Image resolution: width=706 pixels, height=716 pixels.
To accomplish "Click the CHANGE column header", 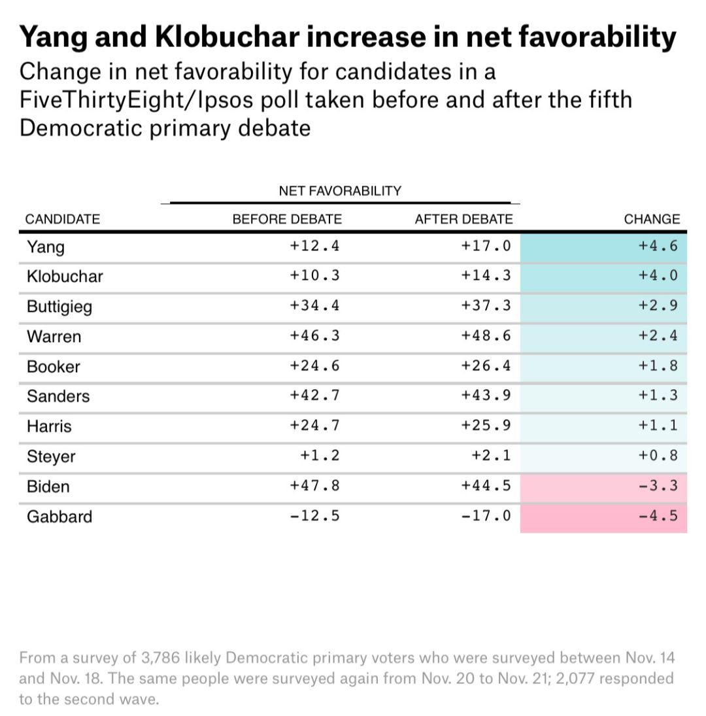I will [652, 219].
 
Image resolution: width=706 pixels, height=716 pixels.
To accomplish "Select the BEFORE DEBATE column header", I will [287, 219].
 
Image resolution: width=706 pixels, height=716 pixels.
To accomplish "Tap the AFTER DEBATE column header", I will [463, 219].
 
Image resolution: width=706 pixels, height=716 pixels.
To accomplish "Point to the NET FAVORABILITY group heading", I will [340, 191].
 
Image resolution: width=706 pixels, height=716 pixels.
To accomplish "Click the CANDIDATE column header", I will [63, 219].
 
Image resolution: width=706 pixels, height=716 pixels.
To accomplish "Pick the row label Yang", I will [46, 247].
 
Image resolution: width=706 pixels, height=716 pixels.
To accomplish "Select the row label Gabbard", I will [59, 517].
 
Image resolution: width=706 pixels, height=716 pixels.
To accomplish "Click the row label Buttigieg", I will [59, 307].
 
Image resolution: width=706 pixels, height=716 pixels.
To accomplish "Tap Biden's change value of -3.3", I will [658, 486].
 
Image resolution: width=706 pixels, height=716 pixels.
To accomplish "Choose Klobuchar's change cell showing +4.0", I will [658, 275].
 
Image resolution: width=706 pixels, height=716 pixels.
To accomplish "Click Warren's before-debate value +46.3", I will [314, 335].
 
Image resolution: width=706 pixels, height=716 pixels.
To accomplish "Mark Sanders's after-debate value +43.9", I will [486, 396].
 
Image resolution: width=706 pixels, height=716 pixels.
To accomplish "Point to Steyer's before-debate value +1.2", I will [320, 456].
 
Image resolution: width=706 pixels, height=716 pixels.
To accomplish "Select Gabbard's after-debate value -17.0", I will [486, 516].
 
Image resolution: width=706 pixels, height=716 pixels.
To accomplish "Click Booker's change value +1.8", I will [658, 366].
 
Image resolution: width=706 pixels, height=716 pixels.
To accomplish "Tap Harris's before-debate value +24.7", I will [314, 426].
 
